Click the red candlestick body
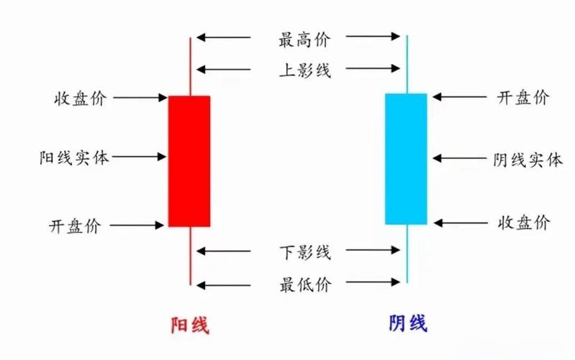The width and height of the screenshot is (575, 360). (189, 161)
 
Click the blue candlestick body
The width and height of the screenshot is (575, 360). (406, 158)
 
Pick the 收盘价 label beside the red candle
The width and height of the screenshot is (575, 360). (80, 98)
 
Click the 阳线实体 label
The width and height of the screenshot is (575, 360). (74, 157)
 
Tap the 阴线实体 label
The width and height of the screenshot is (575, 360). (528, 159)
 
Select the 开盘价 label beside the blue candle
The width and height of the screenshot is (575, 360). (523, 98)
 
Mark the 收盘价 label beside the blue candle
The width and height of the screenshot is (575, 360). (523, 222)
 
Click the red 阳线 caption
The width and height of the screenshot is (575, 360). (189, 325)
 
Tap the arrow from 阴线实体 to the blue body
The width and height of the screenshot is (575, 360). (458, 158)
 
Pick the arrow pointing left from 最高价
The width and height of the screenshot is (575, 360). (223, 37)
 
